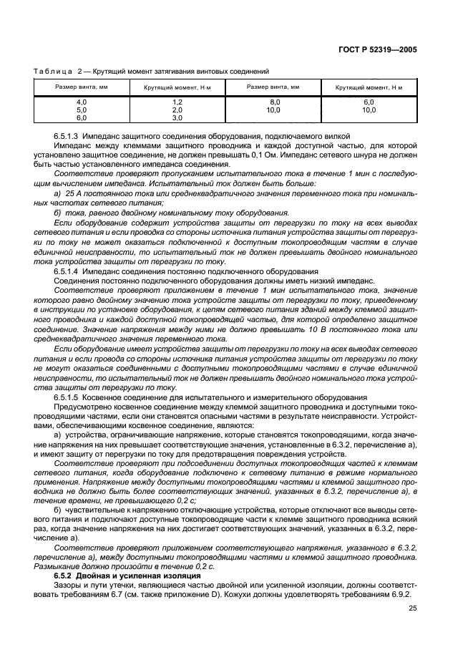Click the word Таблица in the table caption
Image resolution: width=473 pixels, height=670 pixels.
point(53,72)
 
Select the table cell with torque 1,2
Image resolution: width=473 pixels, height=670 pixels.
point(177,103)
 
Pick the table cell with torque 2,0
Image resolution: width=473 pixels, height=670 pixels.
point(177,110)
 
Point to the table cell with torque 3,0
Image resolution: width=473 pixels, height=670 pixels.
point(177,117)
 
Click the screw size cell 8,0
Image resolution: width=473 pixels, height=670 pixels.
point(273,103)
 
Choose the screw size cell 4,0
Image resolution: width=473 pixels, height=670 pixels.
point(82,103)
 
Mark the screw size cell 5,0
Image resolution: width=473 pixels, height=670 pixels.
point(82,110)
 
